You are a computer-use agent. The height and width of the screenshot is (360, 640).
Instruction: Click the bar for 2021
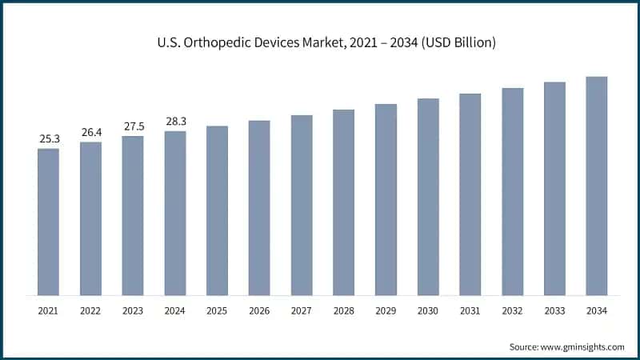[x=49, y=221]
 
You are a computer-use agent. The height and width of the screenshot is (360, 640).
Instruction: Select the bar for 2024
[x=175, y=212]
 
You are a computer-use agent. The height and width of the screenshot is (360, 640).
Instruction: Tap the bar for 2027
[x=302, y=204]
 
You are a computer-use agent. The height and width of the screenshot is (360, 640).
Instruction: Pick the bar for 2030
[x=428, y=196]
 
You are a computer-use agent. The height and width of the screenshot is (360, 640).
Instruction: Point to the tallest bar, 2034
[x=597, y=185]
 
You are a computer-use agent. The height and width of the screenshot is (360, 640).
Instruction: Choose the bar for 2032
[x=512, y=190]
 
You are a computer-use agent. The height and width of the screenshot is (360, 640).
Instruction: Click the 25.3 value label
[x=49, y=139]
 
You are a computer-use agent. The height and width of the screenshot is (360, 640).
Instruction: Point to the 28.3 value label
[x=175, y=122]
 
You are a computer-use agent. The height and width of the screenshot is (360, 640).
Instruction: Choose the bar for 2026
[x=259, y=206]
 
